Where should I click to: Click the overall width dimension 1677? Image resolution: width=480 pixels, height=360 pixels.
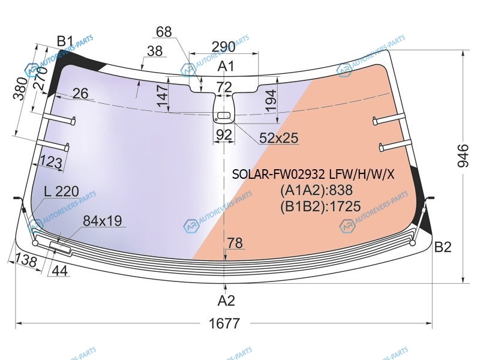pyautogui.click(x=224, y=323)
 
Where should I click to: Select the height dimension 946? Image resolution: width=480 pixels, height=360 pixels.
pyautogui.click(x=463, y=155)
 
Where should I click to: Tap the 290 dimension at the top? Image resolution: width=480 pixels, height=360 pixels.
pyautogui.click(x=223, y=47)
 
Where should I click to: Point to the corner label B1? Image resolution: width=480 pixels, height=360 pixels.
pyautogui.click(x=65, y=41)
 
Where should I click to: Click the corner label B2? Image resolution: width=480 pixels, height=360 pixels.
pyautogui.click(x=443, y=247)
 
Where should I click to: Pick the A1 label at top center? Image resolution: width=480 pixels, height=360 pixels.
pyautogui.click(x=226, y=66)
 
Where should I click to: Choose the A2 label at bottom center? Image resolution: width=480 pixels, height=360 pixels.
pyautogui.click(x=226, y=301)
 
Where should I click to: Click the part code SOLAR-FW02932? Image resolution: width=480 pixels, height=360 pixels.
pyautogui.click(x=278, y=175)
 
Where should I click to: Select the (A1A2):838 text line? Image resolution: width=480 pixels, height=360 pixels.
pyautogui.click(x=317, y=190)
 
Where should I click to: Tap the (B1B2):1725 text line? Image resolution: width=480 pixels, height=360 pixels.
pyautogui.click(x=320, y=206)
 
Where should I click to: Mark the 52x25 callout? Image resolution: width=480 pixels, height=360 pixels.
pyautogui.click(x=278, y=138)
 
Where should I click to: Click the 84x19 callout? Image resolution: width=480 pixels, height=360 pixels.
pyautogui.click(x=102, y=221)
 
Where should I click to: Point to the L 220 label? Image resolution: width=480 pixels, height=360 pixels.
pyautogui.click(x=62, y=191)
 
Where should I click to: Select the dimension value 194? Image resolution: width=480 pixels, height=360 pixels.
pyautogui.click(x=271, y=100)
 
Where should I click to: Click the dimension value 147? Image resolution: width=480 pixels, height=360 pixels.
pyautogui.click(x=163, y=95)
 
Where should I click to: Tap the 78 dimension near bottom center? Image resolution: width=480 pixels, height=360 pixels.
pyautogui.click(x=235, y=244)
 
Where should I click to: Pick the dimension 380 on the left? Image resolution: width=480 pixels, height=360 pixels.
pyautogui.click(x=20, y=89)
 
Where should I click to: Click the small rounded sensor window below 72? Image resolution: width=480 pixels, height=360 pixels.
pyautogui.click(x=224, y=115)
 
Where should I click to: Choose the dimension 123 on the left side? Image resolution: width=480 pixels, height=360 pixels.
pyautogui.click(x=51, y=162)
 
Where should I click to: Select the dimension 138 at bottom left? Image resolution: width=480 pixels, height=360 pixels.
pyautogui.click(x=26, y=260)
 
